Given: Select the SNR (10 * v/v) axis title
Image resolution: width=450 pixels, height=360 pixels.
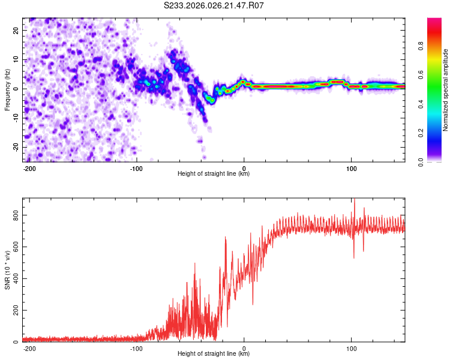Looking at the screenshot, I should (8, 270).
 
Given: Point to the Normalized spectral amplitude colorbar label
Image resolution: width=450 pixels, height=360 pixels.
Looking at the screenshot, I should (446, 90).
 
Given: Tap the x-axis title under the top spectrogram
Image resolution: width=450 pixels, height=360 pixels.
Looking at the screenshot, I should (214, 174).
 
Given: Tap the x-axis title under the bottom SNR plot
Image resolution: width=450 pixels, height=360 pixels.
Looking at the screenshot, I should (214, 354).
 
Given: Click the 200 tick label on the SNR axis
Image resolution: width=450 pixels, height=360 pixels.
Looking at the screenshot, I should (16, 310).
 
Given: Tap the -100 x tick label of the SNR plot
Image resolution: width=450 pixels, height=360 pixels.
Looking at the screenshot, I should (136, 348).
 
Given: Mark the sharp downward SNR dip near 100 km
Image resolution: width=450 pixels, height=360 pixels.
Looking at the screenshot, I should (353, 257).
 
